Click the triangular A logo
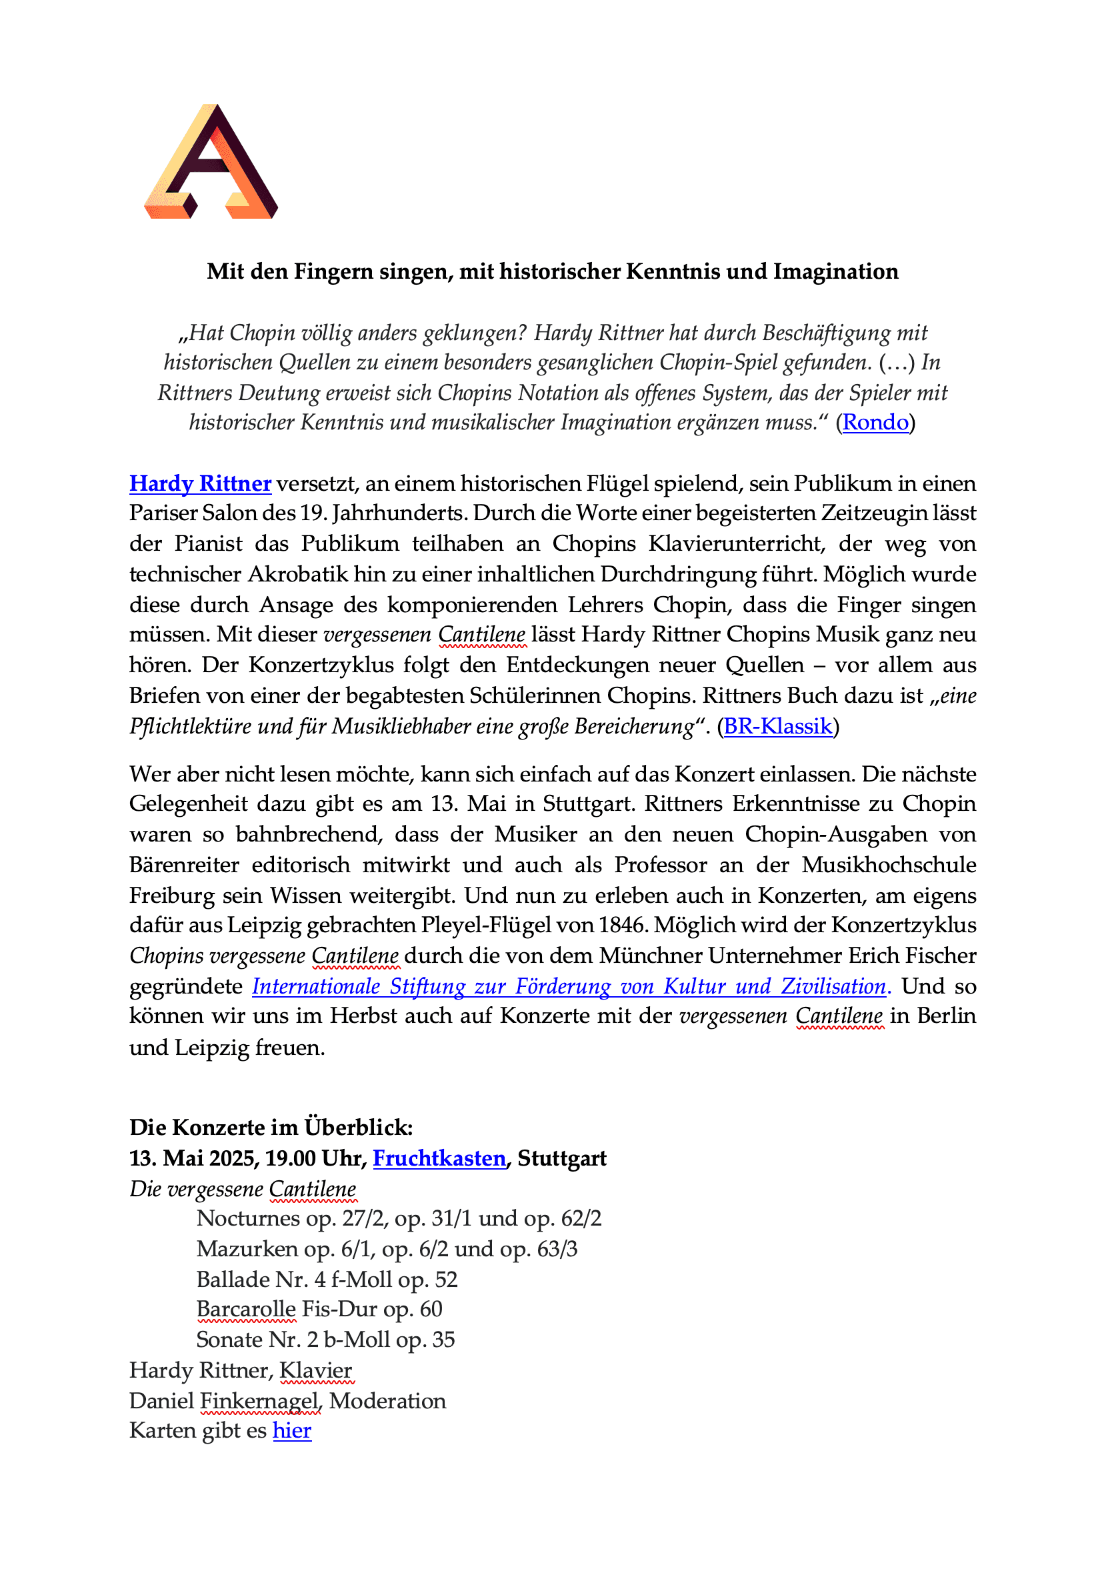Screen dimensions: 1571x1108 pyautogui.click(x=211, y=163)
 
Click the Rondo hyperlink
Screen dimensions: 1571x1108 pyautogui.click(x=875, y=422)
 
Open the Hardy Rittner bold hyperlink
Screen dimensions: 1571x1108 pyautogui.click(x=201, y=483)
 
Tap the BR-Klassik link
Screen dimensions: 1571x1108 pyautogui.click(x=777, y=725)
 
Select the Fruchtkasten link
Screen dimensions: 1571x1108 pyautogui.click(x=439, y=1158)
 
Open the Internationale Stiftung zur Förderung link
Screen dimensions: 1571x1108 pyautogui.click(x=569, y=986)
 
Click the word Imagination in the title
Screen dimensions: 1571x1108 pyautogui.click(x=836, y=271)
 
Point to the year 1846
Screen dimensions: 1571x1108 pyautogui.click(x=623, y=925)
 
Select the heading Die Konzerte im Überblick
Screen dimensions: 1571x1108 pyautogui.click(x=271, y=1127)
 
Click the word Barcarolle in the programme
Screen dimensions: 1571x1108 pyautogui.click(x=246, y=1308)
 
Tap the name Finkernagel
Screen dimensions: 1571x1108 pyautogui.click(x=260, y=1400)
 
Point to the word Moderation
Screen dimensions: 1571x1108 pyautogui.click(x=388, y=1400)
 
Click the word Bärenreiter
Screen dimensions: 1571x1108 pyautogui.click(x=184, y=865)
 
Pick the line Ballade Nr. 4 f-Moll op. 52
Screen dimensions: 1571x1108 pyautogui.click(x=327, y=1279)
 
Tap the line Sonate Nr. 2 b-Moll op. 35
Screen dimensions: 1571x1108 pyautogui.click(x=325, y=1339)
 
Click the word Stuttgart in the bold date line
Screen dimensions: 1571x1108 pyautogui.click(x=561, y=1158)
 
